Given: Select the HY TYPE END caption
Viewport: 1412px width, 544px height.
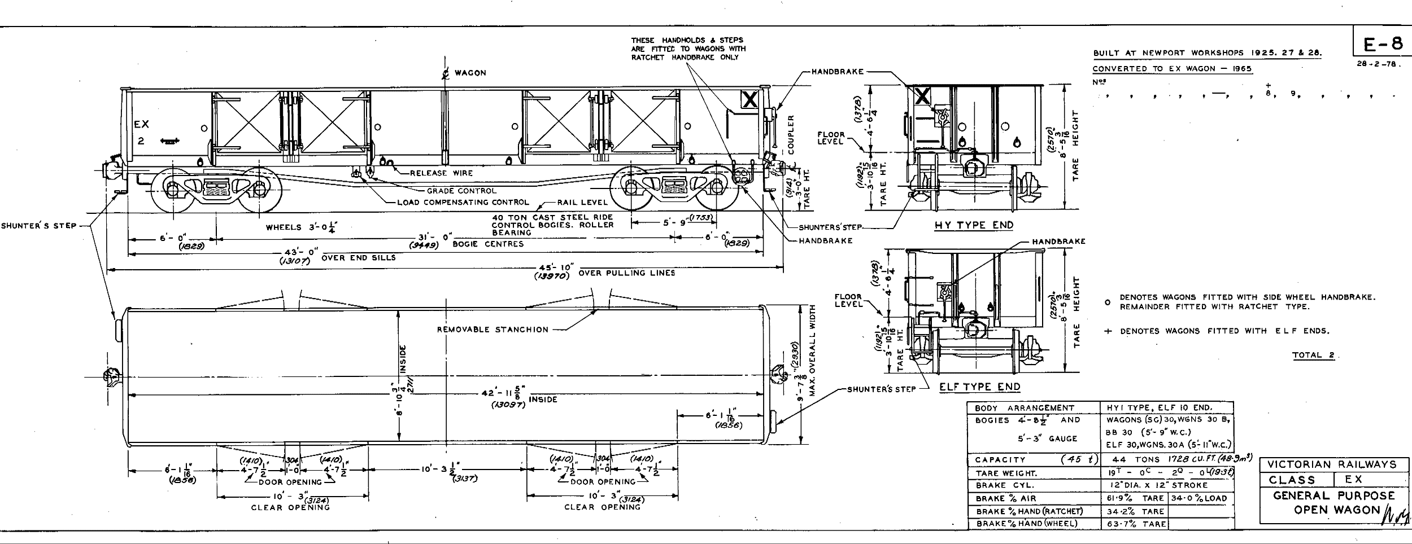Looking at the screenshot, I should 974,225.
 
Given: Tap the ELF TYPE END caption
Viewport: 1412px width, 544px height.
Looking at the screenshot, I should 980,387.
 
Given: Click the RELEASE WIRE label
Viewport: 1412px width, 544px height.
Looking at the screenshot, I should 441,173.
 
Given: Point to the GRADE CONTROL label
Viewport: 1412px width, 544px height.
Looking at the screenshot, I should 461,191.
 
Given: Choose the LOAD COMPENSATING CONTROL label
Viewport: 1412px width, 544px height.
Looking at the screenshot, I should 463,202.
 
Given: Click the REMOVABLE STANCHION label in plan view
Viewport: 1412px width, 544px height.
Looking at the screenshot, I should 493,330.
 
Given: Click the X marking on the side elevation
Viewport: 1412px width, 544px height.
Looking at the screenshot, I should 749,100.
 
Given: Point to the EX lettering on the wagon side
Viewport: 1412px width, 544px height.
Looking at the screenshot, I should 141,125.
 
